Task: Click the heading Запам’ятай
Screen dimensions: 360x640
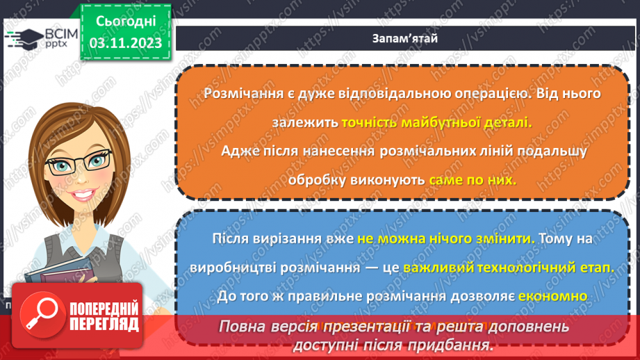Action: (x=404, y=39)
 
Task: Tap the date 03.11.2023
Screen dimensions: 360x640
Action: (x=125, y=43)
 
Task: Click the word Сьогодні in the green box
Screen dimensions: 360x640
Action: (x=125, y=20)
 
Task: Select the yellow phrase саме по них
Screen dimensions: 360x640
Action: (x=473, y=179)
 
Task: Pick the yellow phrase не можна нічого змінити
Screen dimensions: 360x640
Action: (x=447, y=238)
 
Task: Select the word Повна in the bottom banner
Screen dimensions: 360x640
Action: (x=245, y=326)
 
